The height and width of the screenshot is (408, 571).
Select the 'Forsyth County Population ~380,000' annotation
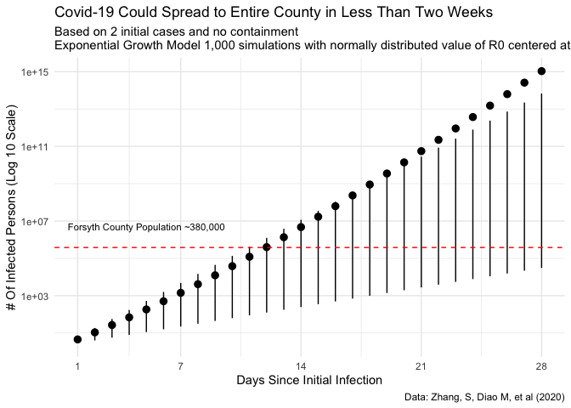pyautogui.click(x=145, y=228)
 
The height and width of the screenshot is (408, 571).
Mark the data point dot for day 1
pyautogui.click(x=77, y=339)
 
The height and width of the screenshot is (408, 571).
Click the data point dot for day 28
pyautogui.click(x=541, y=71)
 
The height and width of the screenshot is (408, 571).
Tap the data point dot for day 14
pyautogui.click(x=301, y=227)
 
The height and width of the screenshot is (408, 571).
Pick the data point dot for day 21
pyautogui.click(x=421, y=151)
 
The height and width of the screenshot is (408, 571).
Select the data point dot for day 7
pyautogui.click(x=180, y=292)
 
